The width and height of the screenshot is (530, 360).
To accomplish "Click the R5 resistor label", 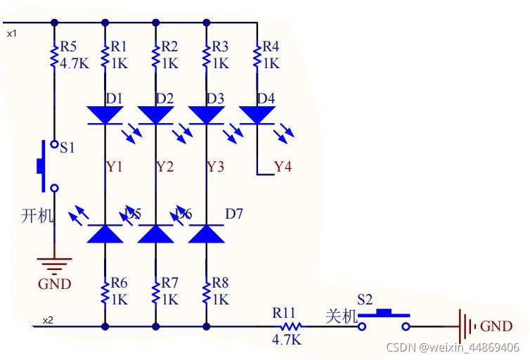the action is coord(68,47).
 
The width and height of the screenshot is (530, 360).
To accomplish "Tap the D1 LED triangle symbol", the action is coord(105,114).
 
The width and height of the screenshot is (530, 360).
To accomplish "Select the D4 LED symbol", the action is coord(257,114).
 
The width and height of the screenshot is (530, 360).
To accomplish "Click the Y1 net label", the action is coord(115,167).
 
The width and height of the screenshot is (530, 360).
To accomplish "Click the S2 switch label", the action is coord(365,298).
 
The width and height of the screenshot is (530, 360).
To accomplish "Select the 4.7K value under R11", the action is coord(287,340).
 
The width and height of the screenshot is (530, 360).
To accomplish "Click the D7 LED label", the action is coord(234,214).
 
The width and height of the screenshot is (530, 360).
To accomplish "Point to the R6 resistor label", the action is coord(119,283).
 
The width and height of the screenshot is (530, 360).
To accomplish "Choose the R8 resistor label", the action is coord(221,283).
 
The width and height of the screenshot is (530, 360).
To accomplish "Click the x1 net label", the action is coord(12,33).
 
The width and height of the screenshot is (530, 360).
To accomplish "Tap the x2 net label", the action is coord(47,321).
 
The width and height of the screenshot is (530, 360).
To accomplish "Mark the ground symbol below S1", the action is coord(54,264).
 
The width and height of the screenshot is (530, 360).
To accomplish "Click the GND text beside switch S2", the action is coord(496,326).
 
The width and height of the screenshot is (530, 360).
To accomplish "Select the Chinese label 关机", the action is coord(342,316).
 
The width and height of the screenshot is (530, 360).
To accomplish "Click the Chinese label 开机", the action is coord(37,215).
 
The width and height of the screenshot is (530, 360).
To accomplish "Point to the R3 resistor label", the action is coord(220,47).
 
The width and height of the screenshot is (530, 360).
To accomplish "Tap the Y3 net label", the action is coord(216,167).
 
